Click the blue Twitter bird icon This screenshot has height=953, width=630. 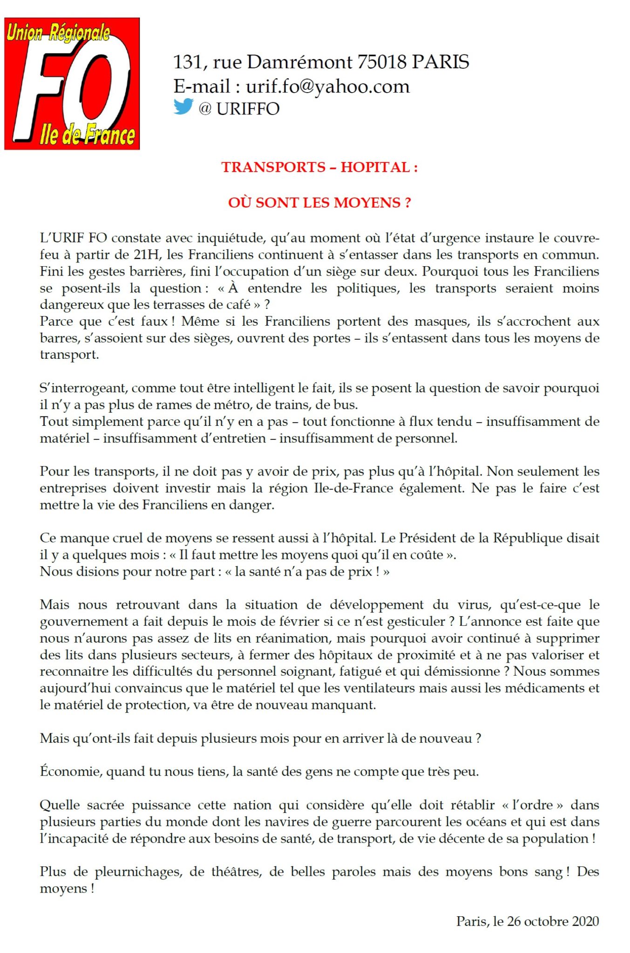coord(183,107)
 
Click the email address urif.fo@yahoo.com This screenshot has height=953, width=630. coord(327,87)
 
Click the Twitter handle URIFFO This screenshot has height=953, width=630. coord(248,109)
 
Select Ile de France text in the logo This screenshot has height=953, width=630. coord(88,135)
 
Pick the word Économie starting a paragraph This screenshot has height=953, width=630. coord(71,771)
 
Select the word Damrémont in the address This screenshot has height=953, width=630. coord(299,62)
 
